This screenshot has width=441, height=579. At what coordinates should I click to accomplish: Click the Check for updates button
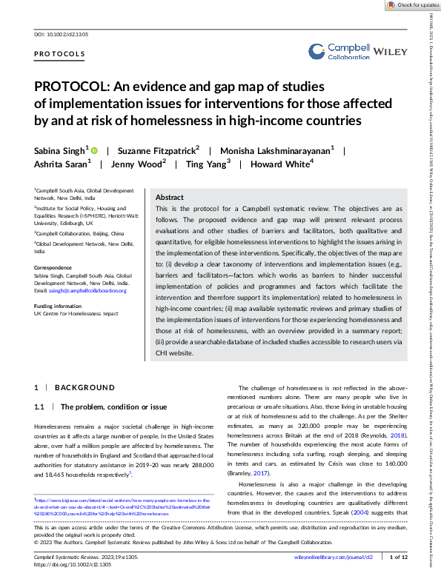[x=413, y=5]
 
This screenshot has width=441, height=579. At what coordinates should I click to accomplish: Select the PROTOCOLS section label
[x=59, y=55]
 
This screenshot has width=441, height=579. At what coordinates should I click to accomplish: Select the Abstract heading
[x=170, y=198]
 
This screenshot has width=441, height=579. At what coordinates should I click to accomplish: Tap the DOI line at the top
[x=62, y=35]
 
